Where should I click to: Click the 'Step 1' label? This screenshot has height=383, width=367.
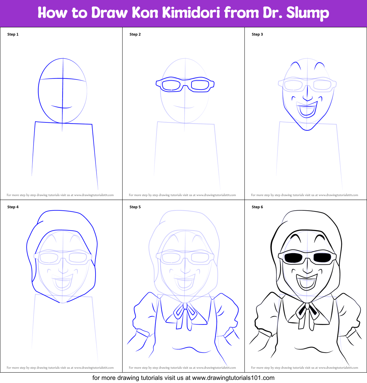(x=13, y=35)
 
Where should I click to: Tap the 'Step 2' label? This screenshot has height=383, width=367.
(x=135, y=35)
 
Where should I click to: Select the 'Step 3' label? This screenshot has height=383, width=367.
(x=257, y=35)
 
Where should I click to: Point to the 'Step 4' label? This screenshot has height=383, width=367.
(x=13, y=207)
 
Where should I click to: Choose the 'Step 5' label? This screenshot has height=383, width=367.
(x=135, y=207)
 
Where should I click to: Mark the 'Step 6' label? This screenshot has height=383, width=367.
(x=257, y=207)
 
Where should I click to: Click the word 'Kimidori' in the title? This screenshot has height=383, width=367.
(x=191, y=13)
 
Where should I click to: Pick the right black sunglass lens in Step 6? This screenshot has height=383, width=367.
(x=322, y=257)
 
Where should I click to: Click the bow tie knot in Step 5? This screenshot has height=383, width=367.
(x=185, y=306)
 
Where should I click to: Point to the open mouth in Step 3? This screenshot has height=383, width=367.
(x=307, y=109)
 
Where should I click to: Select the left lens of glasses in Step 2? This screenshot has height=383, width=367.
(x=171, y=85)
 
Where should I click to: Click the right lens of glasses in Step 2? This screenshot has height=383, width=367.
(x=200, y=84)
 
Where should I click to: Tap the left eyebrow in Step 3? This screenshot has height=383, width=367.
(x=295, y=65)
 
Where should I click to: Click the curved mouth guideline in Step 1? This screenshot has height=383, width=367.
(x=61, y=107)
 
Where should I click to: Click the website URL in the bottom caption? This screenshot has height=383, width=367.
(x=233, y=378)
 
